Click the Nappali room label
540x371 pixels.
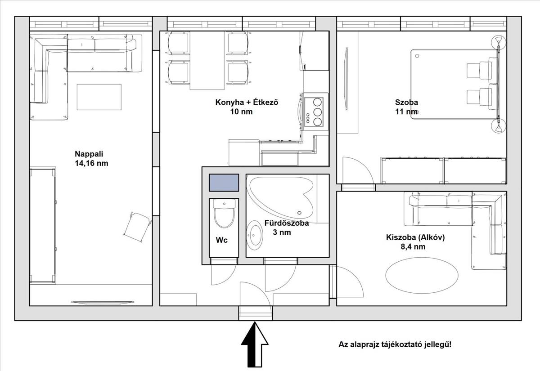pyautogui.click(x=89, y=154)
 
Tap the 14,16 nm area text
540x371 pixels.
pyautogui.click(x=91, y=163)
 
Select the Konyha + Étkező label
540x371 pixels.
pyautogui.click(x=247, y=103)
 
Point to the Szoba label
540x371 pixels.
pyautogui.click(x=406, y=103)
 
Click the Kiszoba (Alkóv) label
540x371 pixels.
pyautogui.click(x=415, y=237)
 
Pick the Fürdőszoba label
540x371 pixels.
pyautogui.click(x=287, y=223)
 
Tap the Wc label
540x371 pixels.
pyautogui.click(x=221, y=240)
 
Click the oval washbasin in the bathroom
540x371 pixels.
pyautogui.click(x=255, y=235)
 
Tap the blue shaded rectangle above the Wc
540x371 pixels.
pyautogui.click(x=224, y=183)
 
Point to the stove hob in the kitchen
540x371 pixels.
pyautogui.click(x=316, y=112)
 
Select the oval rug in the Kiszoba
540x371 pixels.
pyautogui.click(x=422, y=275)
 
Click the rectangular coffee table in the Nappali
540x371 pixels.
pyautogui.click(x=99, y=97)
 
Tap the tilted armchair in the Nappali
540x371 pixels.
pyautogui.click(x=137, y=227)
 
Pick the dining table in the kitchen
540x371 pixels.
pyautogui.click(x=207, y=60)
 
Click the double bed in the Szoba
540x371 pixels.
pyautogui.click(x=454, y=85)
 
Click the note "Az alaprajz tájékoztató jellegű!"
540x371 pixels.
pyautogui.click(x=395, y=344)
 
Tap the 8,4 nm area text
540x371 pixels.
pyautogui.click(x=413, y=247)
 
